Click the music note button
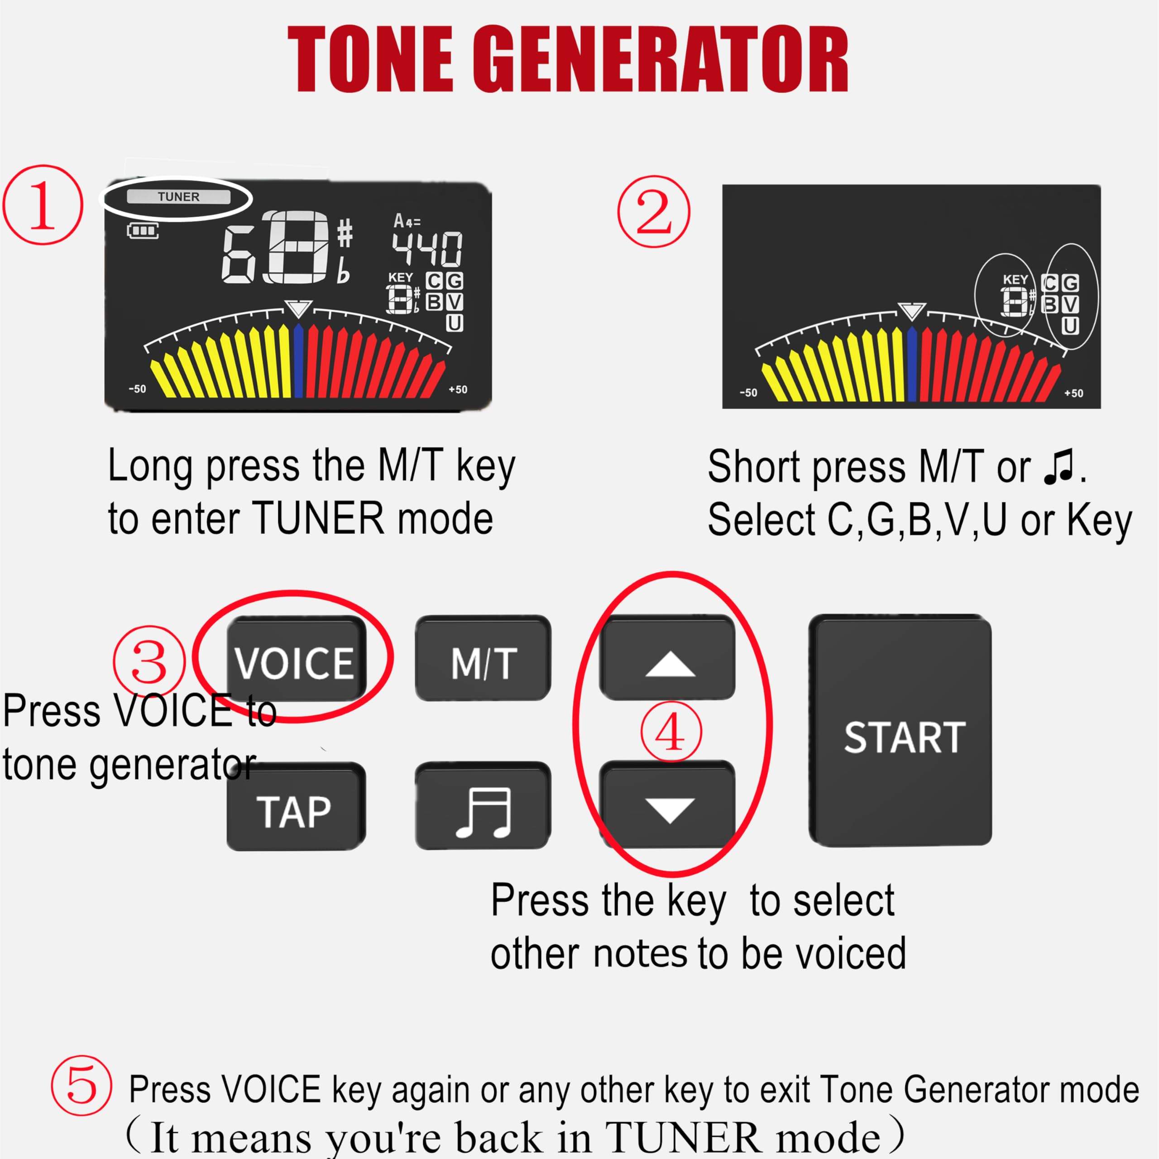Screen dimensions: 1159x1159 coord(484,811)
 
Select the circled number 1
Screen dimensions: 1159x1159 coord(43,205)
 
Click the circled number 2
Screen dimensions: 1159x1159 coord(654,211)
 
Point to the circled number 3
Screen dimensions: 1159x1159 coord(149,661)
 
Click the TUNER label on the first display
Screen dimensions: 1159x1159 coord(178,197)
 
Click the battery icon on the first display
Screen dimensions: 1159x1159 coord(143,230)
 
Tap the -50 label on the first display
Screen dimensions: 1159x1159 coord(137,389)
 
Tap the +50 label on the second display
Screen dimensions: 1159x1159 coord(1073,393)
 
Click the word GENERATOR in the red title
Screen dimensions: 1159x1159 coord(660,60)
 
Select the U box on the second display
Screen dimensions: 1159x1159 coord(1070,326)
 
